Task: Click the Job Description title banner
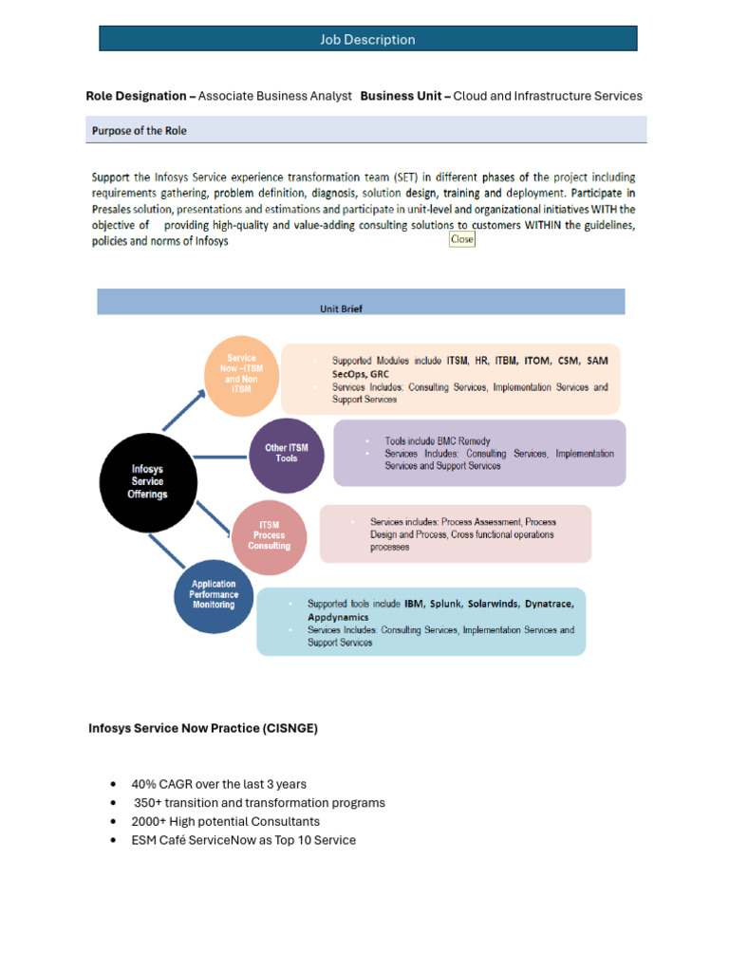click(x=368, y=39)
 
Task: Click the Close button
click(x=461, y=239)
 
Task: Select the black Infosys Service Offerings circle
click(x=147, y=481)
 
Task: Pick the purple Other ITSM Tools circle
click(x=286, y=454)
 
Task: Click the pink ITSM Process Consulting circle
click(x=269, y=535)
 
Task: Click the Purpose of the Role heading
click(x=140, y=131)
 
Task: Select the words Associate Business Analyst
click(x=275, y=96)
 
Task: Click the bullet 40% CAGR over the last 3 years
click(x=219, y=784)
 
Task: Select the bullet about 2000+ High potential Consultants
click(x=226, y=821)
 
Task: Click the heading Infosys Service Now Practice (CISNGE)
click(x=203, y=728)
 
